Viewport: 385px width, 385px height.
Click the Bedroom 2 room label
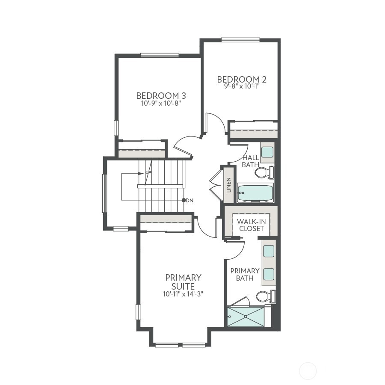[242, 79]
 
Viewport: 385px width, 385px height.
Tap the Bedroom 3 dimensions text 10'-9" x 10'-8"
[161, 103]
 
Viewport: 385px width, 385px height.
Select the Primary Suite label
[183, 282]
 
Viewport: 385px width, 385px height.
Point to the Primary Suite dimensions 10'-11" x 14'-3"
[183, 294]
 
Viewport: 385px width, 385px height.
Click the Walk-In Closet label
[251, 225]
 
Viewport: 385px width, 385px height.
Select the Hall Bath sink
[267, 152]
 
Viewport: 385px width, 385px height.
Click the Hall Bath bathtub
[255, 193]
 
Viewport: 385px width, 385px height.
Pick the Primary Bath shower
[246, 317]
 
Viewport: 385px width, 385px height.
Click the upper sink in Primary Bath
[269, 251]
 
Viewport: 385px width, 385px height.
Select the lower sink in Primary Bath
[269, 273]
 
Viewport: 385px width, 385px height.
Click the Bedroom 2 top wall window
[240, 40]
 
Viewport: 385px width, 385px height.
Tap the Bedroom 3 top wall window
[160, 55]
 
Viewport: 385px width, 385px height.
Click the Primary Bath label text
[245, 274]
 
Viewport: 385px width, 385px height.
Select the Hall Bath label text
[250, 161]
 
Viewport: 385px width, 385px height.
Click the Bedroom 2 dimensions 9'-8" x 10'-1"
[242, 86]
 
